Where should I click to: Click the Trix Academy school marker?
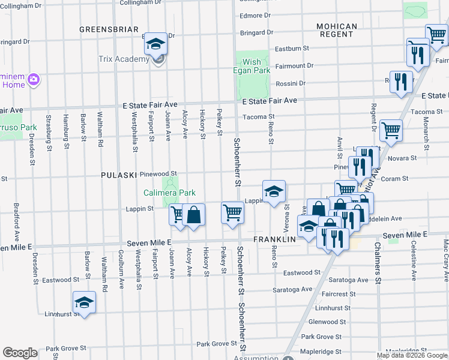tap(157, 46)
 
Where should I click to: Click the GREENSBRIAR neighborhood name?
tap(109, 29)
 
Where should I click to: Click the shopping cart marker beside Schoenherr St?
tap(232, 213)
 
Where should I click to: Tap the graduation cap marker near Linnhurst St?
tap(85, 302)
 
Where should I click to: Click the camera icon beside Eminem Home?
tap(34, 79)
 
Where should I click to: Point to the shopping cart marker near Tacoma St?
tap(391, 130)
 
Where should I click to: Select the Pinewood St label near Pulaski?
tap(158, 173)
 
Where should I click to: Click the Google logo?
tap(20, 353)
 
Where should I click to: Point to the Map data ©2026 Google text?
tap(412, 355)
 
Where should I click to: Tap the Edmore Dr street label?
tap(251, 16)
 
